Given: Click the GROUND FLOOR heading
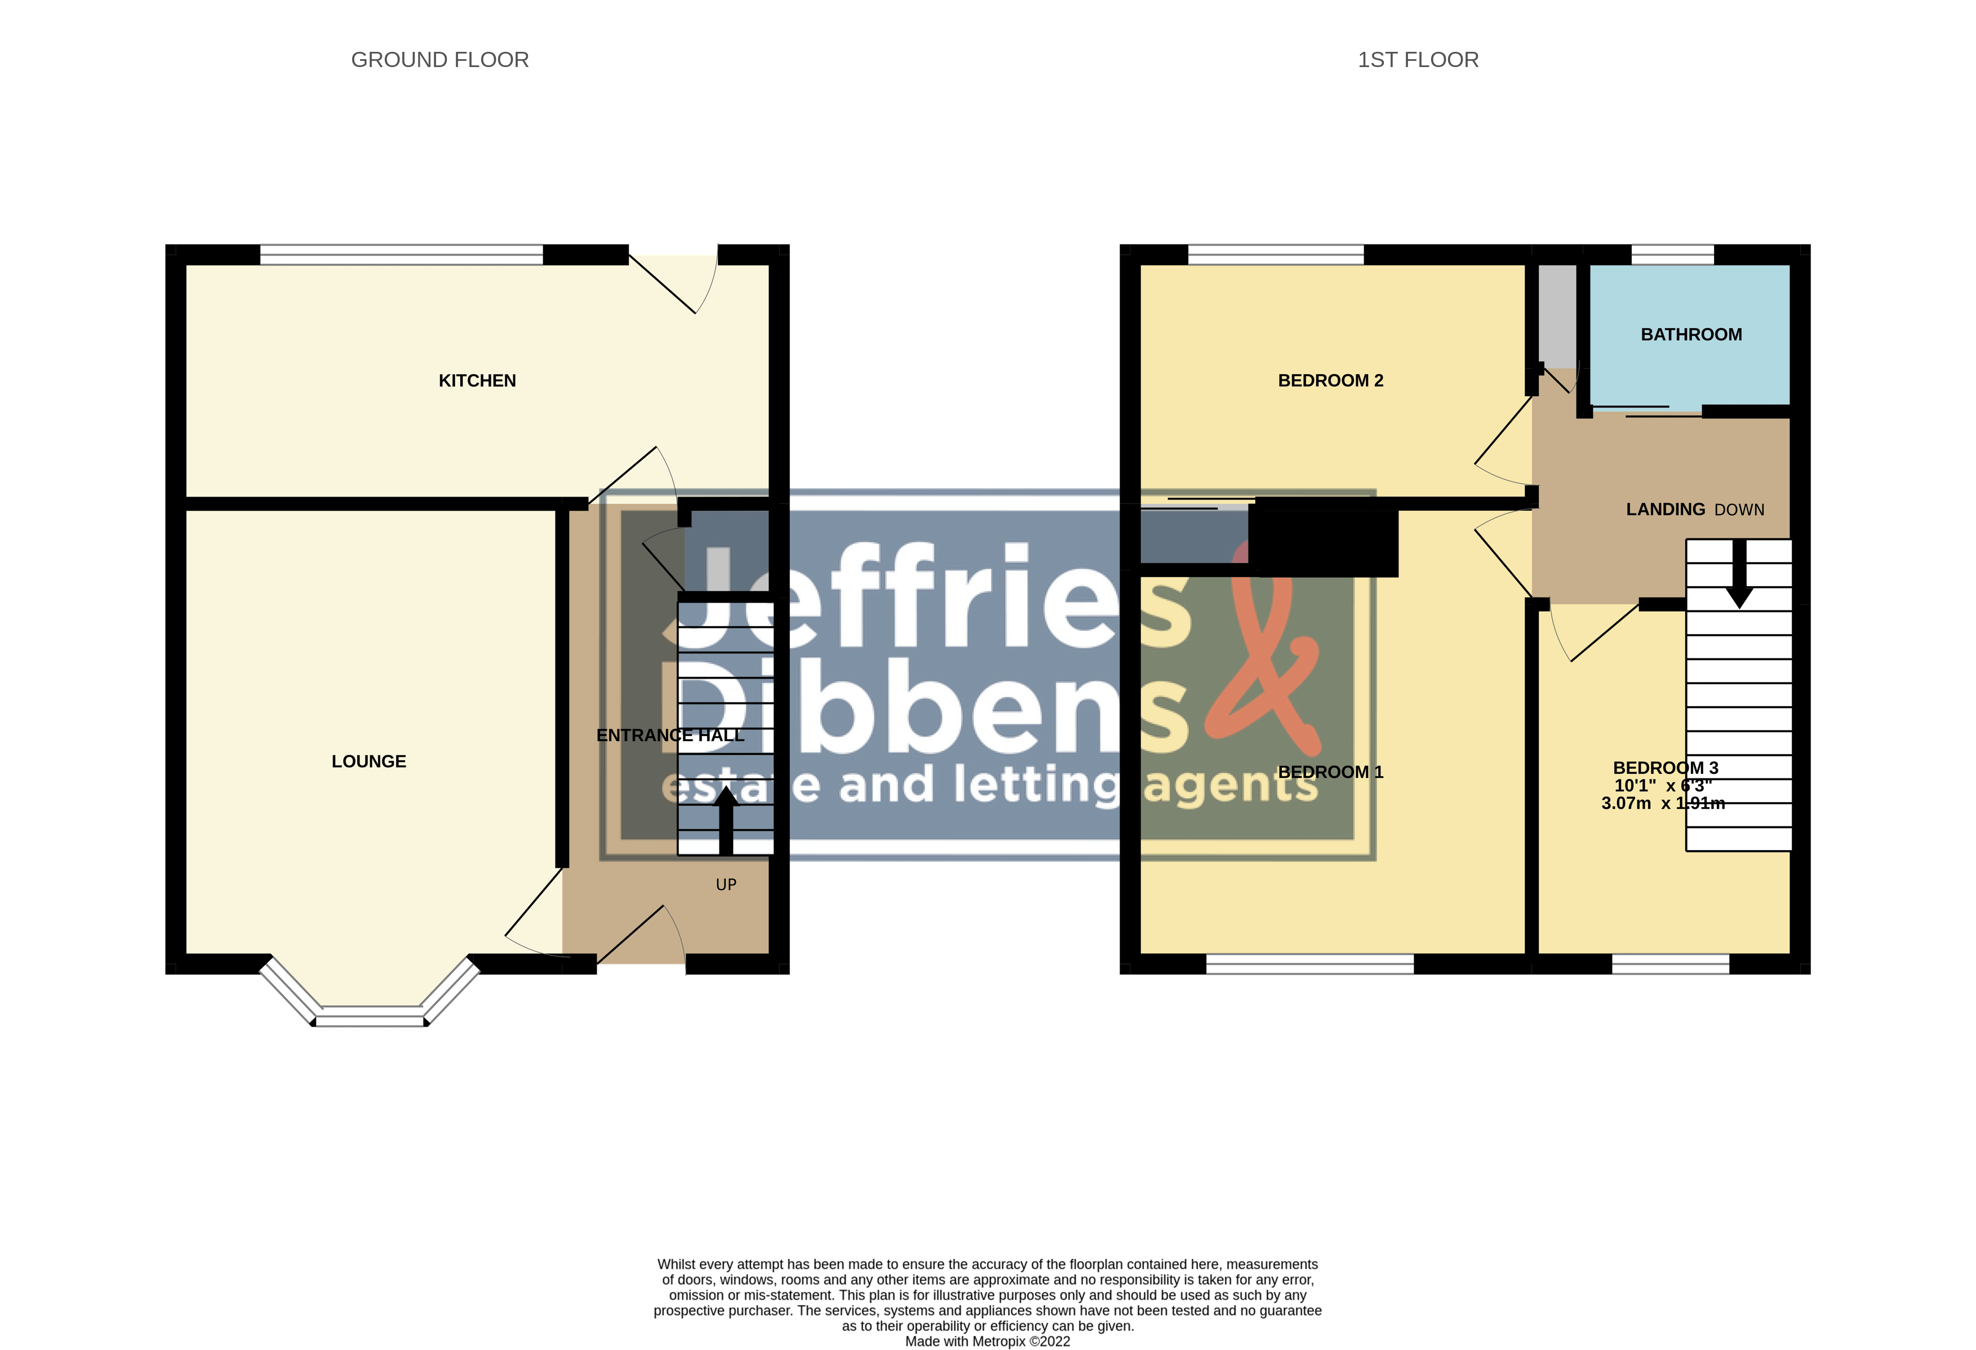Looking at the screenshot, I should pyautogui.click(x=439, y=60).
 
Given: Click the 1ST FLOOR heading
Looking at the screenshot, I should pyautogui.click(x=1418, y=60).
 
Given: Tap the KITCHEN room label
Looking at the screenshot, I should pyautogui.click(x=477, y=380).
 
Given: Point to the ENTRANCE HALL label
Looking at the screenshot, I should pyautogui.click(x=670, y=735).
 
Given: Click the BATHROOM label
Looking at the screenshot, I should pyautogui.click(x=1690, y=334).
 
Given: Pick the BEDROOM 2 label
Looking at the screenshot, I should pyautogui.click(x=1330, y=380).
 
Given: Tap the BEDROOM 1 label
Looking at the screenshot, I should pyautogui.click(x=1330, y=772).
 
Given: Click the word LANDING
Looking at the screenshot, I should pyautogui.click(x=1665, y=508).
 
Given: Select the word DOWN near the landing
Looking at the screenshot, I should pyautogui.click(x=1739, y=510).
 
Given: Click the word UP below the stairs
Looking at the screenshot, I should pyautogui.click(x=725, y=885).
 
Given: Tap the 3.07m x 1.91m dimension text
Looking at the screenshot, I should pyautogui.click(x=1662, y=803).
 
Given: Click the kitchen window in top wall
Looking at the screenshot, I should pyautogui.click(x=401, y=254).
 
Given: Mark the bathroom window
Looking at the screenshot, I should pyautogui.click(x=1672, y=254).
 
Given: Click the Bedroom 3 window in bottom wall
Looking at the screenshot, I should pyautogui.click(x=1670, y=964).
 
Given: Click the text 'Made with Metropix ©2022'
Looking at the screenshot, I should pyautogui.click(x=987, y=1342).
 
